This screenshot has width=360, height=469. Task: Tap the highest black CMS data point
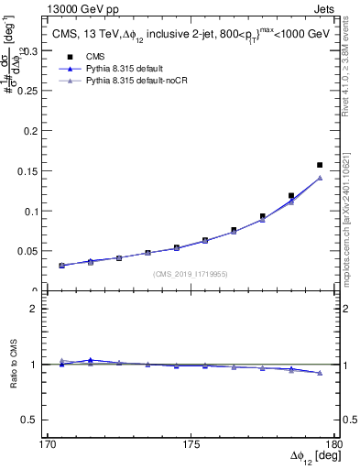(x=320, y=165)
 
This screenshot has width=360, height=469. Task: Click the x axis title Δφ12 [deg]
(x=309, y=456)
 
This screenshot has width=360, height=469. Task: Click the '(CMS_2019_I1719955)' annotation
(x=191, y=274)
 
